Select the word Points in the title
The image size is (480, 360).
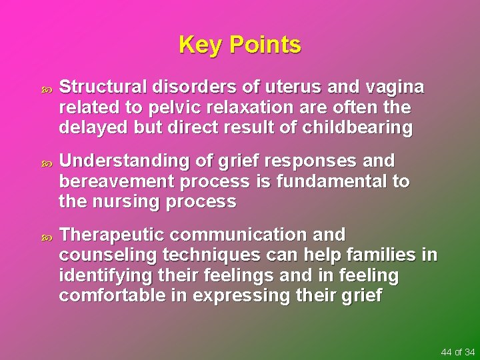pyautogui.click(x=265, y=45)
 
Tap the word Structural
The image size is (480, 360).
pyautogui.click(x=103, y=88)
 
